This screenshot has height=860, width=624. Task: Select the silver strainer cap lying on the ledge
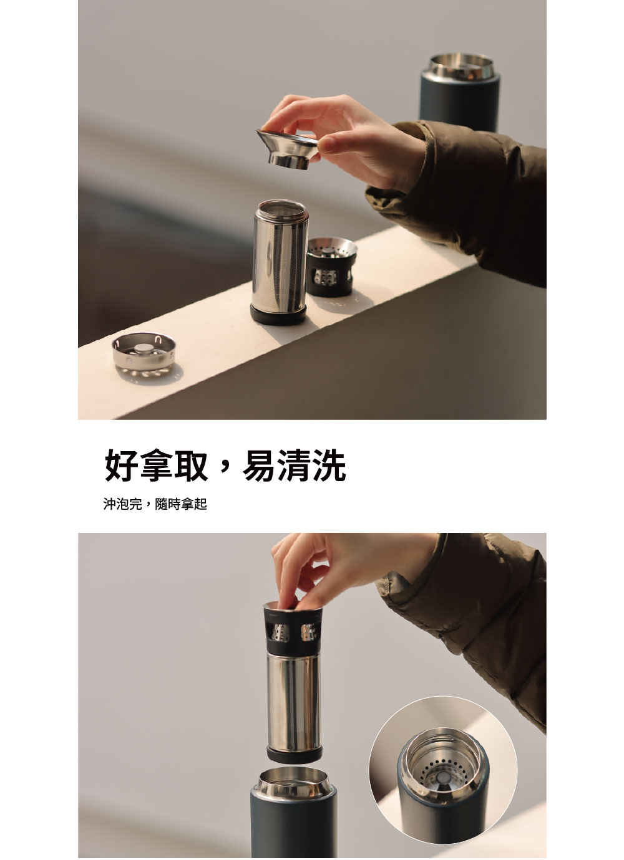(144, 355)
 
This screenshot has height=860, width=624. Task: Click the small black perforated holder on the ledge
(331, 267)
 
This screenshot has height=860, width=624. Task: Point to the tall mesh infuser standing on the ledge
(280, 262)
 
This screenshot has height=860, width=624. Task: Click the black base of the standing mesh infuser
(279, 315)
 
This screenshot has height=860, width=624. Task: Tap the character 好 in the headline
(121, 466)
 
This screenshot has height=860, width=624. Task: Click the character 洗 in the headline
(329, 466)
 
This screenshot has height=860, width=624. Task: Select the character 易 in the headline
(260, 466)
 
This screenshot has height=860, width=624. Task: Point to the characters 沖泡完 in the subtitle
(123, 504)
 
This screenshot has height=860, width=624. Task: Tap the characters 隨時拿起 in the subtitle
(181, 504)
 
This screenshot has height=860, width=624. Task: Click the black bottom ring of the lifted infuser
(295, 755)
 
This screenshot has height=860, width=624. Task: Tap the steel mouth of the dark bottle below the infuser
(293, 781)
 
